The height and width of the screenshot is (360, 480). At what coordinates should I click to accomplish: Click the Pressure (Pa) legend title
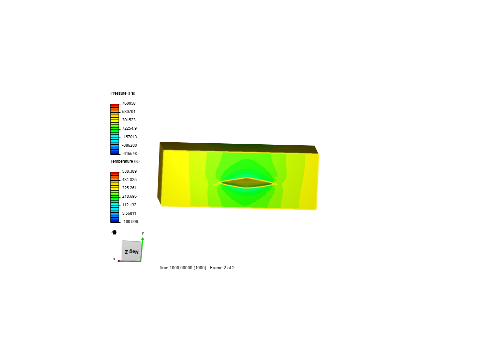(123, 93)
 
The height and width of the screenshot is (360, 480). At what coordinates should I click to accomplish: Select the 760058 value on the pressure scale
(129, 103)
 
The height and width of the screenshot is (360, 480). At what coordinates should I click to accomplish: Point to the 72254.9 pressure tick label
(129, 128)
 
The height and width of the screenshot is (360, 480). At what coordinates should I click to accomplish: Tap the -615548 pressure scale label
(129, 154)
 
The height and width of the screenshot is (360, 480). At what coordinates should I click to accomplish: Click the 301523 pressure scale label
(129, 120)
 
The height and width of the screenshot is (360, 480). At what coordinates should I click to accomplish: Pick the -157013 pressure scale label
(129, 137)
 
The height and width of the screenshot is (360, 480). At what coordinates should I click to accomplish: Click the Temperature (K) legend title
(125, 161)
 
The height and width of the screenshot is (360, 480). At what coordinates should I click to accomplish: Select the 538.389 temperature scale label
(129, 171)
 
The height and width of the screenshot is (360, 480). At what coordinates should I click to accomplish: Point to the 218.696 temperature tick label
(129, 196)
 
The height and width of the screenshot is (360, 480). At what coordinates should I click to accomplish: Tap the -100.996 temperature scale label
(130, 222)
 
